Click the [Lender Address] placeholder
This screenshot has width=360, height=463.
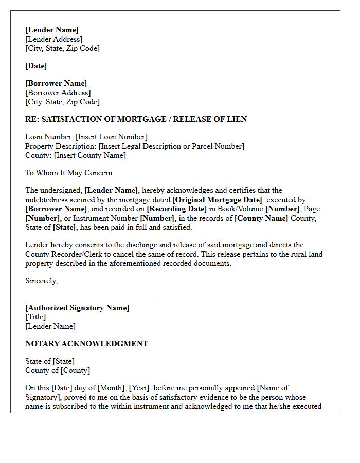[54, 39]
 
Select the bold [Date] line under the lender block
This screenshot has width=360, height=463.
[36, 66]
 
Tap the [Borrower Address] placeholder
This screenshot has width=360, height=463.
[58, 93]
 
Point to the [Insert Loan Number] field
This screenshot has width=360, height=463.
[112, 137]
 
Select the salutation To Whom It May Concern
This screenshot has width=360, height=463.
[70, 173]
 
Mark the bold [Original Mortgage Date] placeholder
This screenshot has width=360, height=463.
[218, 200]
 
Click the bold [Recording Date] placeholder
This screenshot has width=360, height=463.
[177, 209]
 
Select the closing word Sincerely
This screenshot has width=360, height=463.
[41, 281]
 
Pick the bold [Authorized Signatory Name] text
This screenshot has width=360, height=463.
[77, 308]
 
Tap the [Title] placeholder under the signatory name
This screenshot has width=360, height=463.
[35, 317]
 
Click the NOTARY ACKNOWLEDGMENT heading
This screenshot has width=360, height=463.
[86, 344]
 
